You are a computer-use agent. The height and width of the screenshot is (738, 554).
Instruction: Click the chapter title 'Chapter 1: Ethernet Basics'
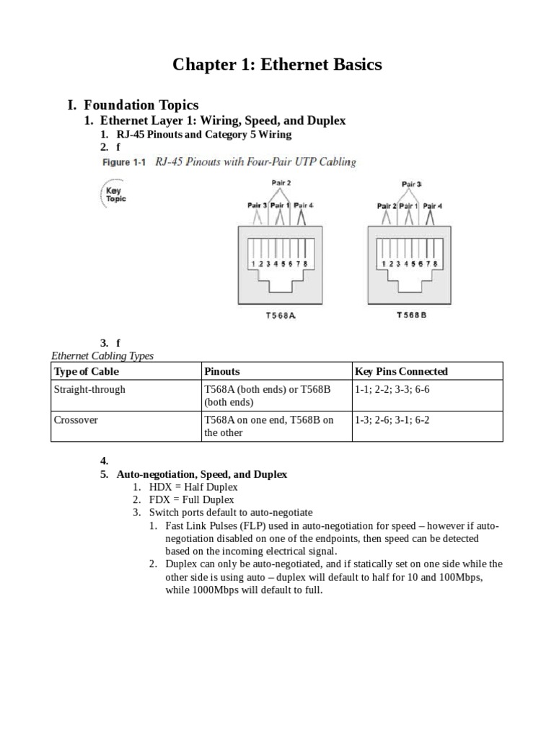click(277, 65)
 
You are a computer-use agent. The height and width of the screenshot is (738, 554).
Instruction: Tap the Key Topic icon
click(113, 194)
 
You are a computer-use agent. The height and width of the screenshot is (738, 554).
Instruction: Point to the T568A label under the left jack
click(281, 315)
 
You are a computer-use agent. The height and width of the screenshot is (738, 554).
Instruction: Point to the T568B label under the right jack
click(411, 315)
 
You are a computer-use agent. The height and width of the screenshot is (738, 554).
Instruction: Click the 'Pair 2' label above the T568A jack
click(281, 183)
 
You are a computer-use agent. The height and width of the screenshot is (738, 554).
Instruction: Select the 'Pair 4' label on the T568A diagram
click(304, 205)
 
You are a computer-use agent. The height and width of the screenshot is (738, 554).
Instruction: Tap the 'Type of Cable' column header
click(87, 371)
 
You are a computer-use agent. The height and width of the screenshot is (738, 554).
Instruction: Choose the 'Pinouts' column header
click(222, 371)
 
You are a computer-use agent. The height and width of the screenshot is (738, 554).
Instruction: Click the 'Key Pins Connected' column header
click(401, 371)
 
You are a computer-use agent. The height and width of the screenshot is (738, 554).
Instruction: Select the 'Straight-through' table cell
click(89, 389)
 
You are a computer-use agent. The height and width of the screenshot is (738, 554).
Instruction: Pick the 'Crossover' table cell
click(76, 419)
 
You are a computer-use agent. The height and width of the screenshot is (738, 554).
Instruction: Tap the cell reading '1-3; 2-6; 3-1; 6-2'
click(392, 419)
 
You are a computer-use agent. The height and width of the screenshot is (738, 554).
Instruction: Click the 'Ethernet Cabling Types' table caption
click(102, 355)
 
